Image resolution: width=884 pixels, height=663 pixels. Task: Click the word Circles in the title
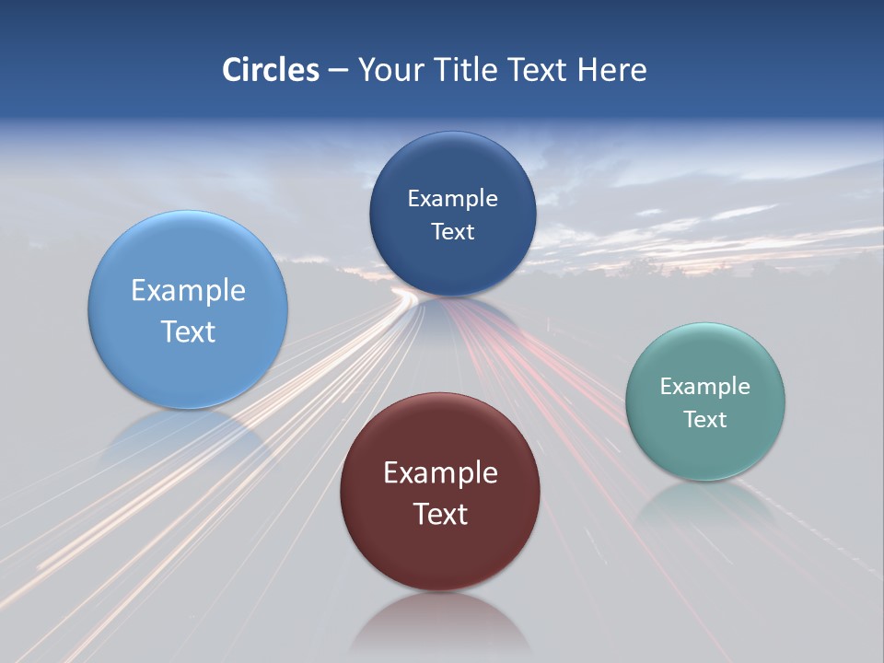[270, 70]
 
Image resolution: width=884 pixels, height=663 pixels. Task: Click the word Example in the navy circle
[452, 198]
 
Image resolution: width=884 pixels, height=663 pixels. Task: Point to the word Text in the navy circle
[452, 231]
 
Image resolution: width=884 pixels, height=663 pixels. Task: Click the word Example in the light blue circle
[188, 290]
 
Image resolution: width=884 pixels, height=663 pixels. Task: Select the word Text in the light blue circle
[188, 331]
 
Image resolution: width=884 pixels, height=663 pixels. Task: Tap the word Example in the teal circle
[705, 386]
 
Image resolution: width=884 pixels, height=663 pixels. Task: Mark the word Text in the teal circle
[705, 419]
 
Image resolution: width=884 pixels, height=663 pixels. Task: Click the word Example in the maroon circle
[440, 472]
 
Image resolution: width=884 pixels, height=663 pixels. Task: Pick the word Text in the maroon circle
[440, 514]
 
